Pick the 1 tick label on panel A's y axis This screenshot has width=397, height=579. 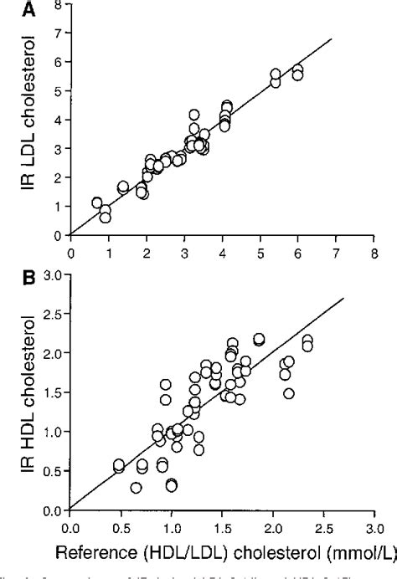(x=58, y=206)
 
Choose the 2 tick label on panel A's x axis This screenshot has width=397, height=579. (x=147, y=250)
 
